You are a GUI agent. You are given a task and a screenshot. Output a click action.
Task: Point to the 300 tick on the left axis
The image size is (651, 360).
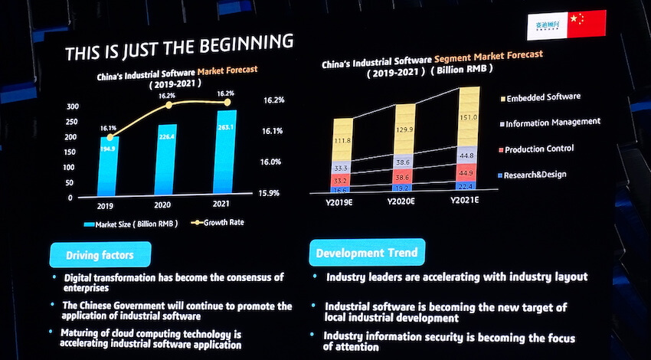pyautogui.click(x=73, y=106)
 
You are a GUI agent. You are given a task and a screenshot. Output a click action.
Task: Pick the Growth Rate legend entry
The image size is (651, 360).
pyautogui.click(x=226, y=223)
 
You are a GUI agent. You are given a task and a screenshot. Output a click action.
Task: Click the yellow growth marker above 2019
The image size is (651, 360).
pyautogui.click(x=110, y=138)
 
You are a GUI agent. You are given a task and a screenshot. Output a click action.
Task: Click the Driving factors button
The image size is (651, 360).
pyautogui.click(x=100, y=254)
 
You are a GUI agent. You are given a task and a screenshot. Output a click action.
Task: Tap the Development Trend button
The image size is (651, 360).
pyautogui.click(x=367, y=252)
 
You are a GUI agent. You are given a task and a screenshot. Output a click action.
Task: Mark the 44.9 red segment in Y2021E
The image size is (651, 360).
pyautogui.click(x=466, y=172)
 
